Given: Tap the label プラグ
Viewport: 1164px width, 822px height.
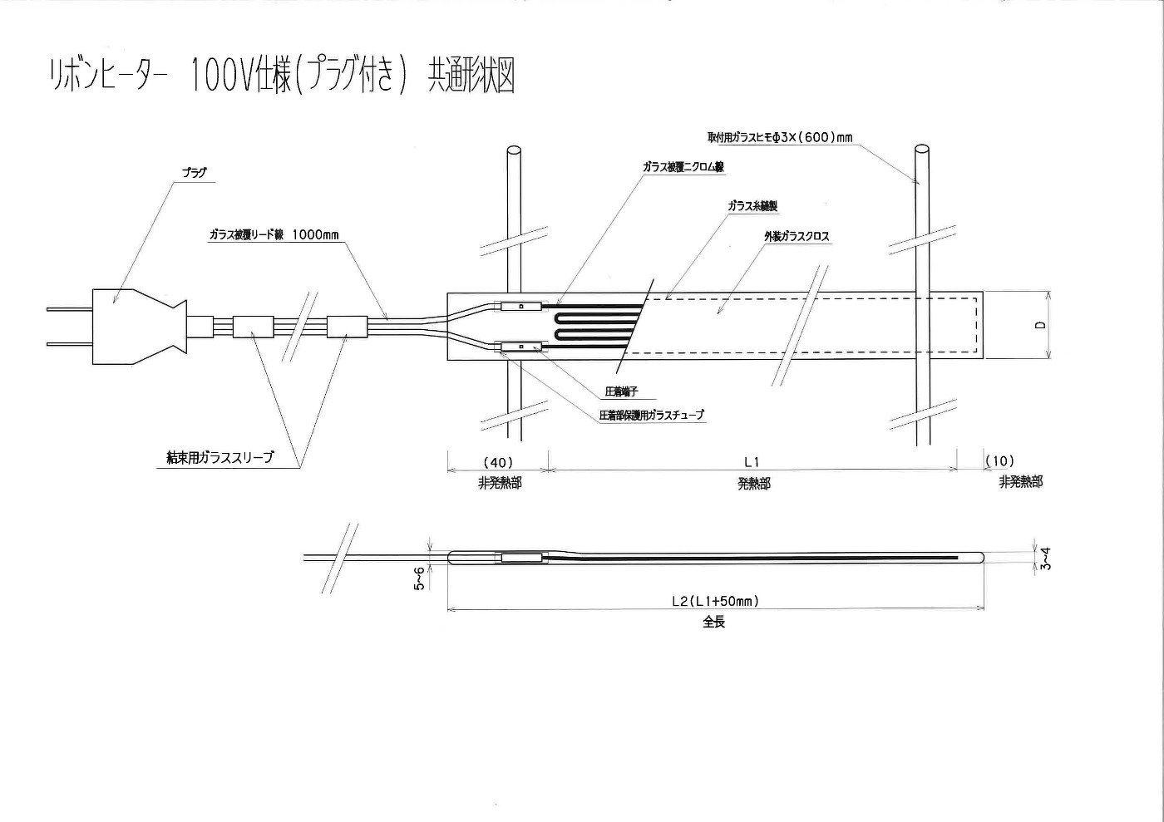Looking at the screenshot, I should tap(194, 174).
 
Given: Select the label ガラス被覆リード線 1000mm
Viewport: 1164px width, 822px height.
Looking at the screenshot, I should tap(274, 235).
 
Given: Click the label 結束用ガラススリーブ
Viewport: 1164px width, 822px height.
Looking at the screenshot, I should tap(219, 457).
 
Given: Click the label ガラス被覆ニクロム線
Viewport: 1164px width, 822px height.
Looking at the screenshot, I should tap(683, 167).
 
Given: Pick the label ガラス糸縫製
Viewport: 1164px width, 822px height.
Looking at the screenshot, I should tap(752, 205).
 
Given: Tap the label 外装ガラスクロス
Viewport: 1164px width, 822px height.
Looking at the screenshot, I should tap(797, 237).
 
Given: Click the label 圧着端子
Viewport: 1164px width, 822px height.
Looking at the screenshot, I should tap(621, 391).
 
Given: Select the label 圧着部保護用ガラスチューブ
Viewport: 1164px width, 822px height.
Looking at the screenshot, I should tap(651, 414).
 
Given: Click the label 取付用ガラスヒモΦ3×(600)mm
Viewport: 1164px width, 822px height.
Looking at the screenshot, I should tap(780, 137).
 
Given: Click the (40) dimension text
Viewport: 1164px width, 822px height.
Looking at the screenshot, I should tap(498, 461).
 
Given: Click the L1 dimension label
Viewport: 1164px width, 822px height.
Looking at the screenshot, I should tap(752, 461).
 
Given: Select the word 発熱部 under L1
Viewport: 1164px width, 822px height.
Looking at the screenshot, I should tap(753, 484).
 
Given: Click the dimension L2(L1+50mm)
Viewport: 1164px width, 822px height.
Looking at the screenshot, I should tap(715, 600).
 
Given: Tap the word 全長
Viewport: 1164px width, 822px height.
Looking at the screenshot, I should tap(714, 622).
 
